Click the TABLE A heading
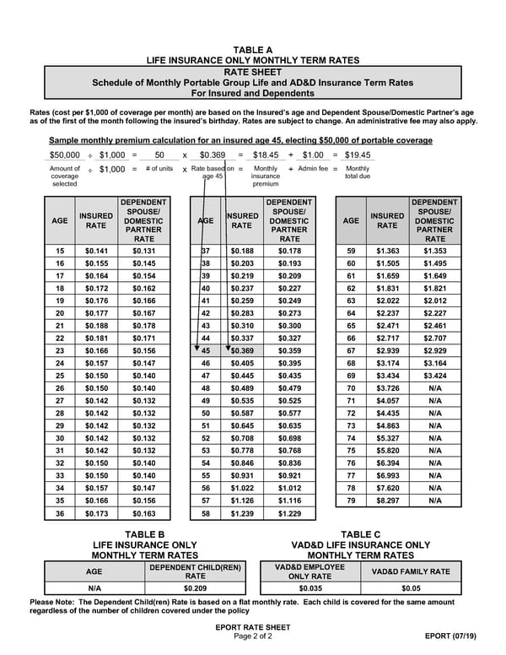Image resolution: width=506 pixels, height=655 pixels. click(253, 50)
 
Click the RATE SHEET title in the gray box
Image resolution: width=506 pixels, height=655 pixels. click(253, 72)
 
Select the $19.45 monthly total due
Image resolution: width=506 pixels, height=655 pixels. click(357, 155)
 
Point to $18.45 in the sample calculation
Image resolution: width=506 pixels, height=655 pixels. click(266, 155)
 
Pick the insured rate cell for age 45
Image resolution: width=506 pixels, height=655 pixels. click(241, 350)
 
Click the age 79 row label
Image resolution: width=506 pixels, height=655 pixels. click(351, 501)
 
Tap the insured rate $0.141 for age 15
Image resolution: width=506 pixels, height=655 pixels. click(97, 251)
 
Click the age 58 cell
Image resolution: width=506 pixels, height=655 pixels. click(206, 513)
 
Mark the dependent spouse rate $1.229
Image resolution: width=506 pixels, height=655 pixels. click(289, 513)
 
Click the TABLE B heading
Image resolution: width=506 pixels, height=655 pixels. click(144, 534)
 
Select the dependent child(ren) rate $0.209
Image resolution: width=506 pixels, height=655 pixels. click(195, 588)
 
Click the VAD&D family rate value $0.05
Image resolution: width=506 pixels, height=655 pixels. click(411, 588)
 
